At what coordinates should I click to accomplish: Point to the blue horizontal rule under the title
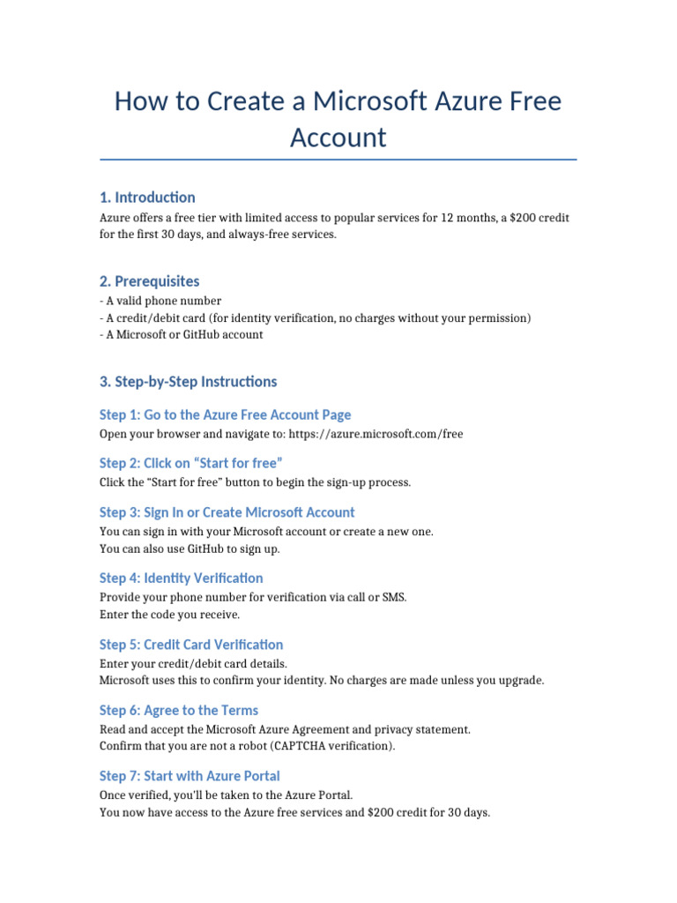pyautogui.click(x=338, y=160)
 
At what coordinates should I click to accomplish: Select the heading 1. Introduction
pyautogui.click(x=147, y=197)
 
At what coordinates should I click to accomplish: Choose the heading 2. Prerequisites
pyautogui.click(x=149, y=281)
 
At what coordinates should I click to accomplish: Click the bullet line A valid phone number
pyautogui.click(x=163, y=301)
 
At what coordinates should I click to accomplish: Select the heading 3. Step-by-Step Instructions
pyautogui.click(x=188, y=382)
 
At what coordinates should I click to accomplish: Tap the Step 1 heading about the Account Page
pyautogui.click(x=225, y=414)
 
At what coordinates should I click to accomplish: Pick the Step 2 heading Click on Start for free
pyautogui.click(x=190, y=463)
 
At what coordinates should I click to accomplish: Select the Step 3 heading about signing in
pyautogui.click(x=227, y=512)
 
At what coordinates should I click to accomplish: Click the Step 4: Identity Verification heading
pyautogui.click(x=181, y=578)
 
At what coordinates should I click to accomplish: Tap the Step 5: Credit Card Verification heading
pyautogui.click(x=191, y=645)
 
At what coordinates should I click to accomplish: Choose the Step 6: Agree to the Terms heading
pyautogui.click(x=178, y=710)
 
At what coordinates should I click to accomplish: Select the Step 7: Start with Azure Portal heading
pyautogui.click(x=190, y=776)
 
